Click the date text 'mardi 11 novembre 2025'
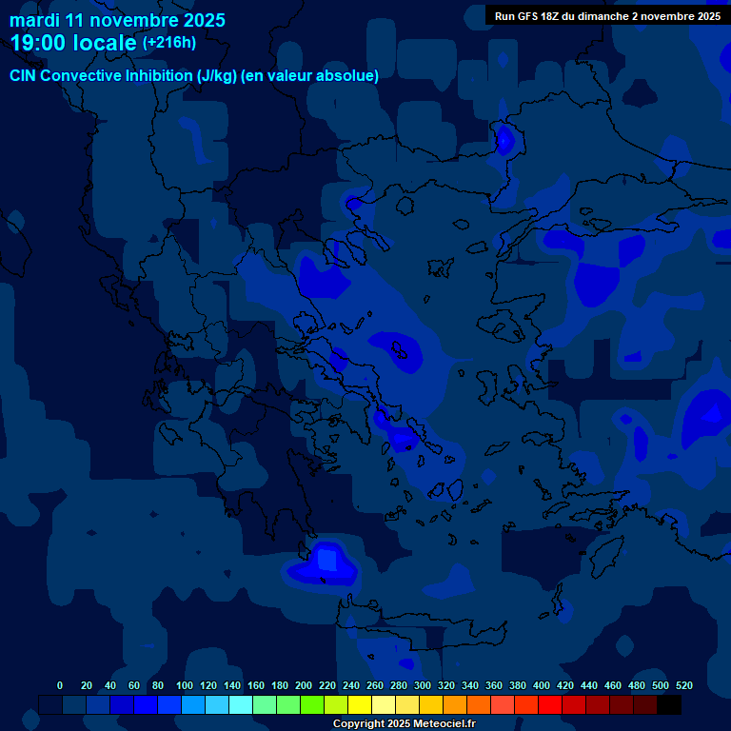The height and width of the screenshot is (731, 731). coord(117,20)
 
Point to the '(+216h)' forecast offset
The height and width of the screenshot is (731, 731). coord(169,42)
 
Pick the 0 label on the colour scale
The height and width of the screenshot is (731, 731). coord(60,685)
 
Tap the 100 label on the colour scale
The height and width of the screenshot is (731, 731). coord(185,685)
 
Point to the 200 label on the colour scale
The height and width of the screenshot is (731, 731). coord(304,685)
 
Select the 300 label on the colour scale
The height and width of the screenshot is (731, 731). coord(423,685)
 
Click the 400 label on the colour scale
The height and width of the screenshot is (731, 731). coord(542,685)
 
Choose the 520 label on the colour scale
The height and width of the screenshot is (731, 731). coord(684,685)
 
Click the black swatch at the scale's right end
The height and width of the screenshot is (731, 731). coord(669,704)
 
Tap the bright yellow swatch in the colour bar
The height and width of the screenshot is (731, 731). coord(360,704)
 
